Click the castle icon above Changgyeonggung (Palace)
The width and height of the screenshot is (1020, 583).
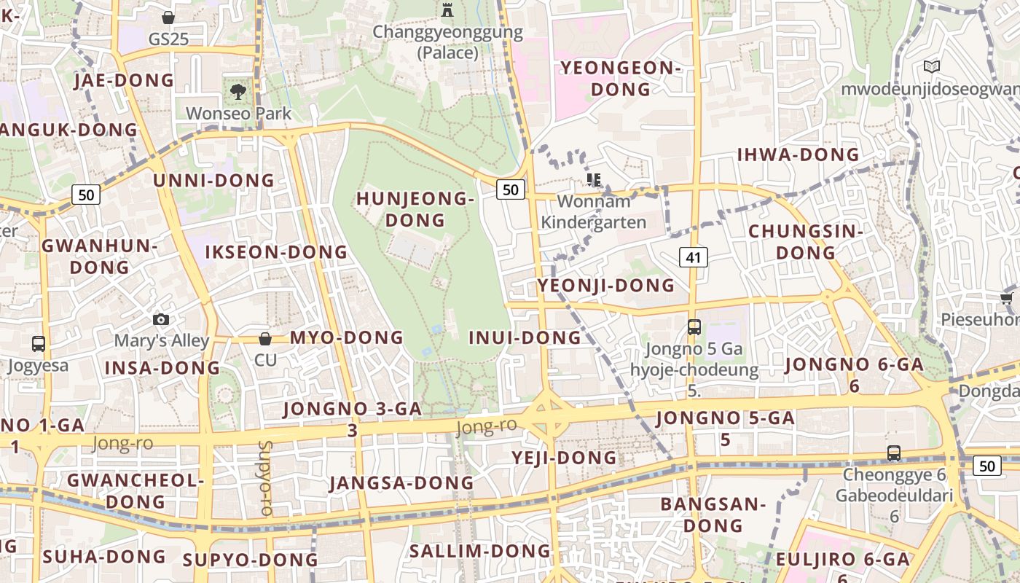[447, 9]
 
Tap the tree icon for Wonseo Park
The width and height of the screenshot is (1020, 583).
[238, 92]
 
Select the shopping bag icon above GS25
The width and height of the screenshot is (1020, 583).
[168, 17]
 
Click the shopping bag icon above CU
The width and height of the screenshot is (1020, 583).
[265, 339]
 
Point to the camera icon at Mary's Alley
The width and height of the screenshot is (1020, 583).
[161, 320]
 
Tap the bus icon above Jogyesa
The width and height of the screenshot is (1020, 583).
[38, 344]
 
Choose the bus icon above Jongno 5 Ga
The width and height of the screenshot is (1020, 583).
[694, 327]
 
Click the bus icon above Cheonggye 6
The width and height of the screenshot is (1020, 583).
[894, 453]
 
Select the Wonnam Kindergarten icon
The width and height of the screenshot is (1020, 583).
[594, 179]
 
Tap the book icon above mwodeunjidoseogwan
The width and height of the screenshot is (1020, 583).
[931, 67]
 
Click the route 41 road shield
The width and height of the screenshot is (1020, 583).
[694, 257]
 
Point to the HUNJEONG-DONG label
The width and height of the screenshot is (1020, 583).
[415, 209]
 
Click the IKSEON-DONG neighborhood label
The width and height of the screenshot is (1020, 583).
[276, 252]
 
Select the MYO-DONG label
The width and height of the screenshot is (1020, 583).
[346, 337]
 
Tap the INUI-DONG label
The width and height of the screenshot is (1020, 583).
[525, 337]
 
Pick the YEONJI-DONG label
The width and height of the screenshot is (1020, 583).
[606, 285]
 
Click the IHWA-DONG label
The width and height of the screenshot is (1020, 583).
[799, 154]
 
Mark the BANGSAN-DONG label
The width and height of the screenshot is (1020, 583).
[713, 514]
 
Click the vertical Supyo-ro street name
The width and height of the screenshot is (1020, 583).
[265, 478]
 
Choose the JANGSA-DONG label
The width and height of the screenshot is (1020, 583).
[401, 483]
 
